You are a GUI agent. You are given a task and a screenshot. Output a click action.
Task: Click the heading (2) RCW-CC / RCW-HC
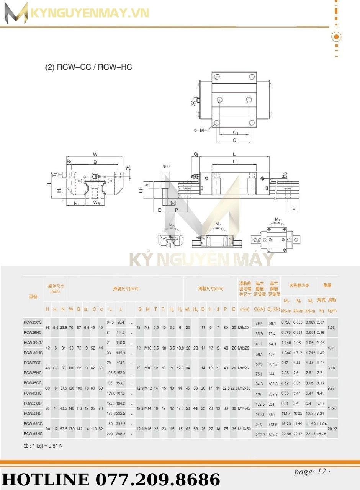(x=88, y=67)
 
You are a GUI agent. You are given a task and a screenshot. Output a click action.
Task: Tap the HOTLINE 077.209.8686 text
(x=111, y=479)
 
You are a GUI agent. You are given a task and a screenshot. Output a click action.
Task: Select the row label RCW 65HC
(x=33, y=434)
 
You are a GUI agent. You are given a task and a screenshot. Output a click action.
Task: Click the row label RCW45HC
(x=33, y=392)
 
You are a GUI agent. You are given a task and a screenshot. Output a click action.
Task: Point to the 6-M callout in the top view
(x=199, y=130)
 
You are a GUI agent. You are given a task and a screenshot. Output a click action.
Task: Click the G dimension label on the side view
(x=195, y=154)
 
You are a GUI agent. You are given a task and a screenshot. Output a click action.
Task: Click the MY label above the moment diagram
(x=277, y=219)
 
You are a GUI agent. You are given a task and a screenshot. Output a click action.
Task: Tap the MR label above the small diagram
(x=172, y=225)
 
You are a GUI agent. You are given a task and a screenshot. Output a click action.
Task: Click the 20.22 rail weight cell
(x=332, y=429)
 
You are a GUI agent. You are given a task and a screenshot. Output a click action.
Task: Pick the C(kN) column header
(x=259, y=309)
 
